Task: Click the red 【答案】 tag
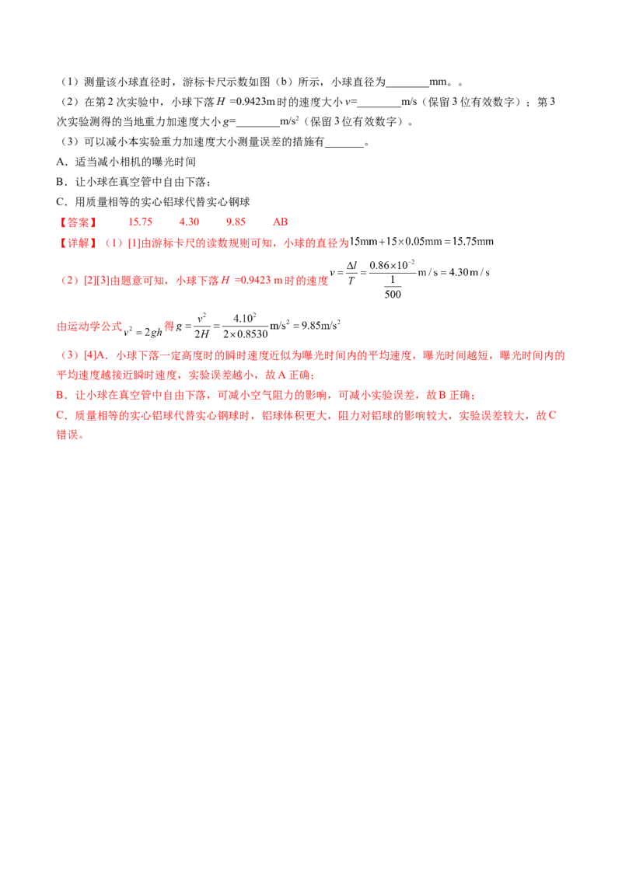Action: pyautogui.click(x=76, y=222)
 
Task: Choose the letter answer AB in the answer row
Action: pyautogui.click(x=280, y=222)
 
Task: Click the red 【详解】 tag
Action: pyautogui.click(x=76, y=243)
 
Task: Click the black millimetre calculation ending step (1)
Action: pyautogui.click(x=425, y=243)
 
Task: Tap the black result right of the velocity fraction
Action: pyautogui.click(x=454, y=274)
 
